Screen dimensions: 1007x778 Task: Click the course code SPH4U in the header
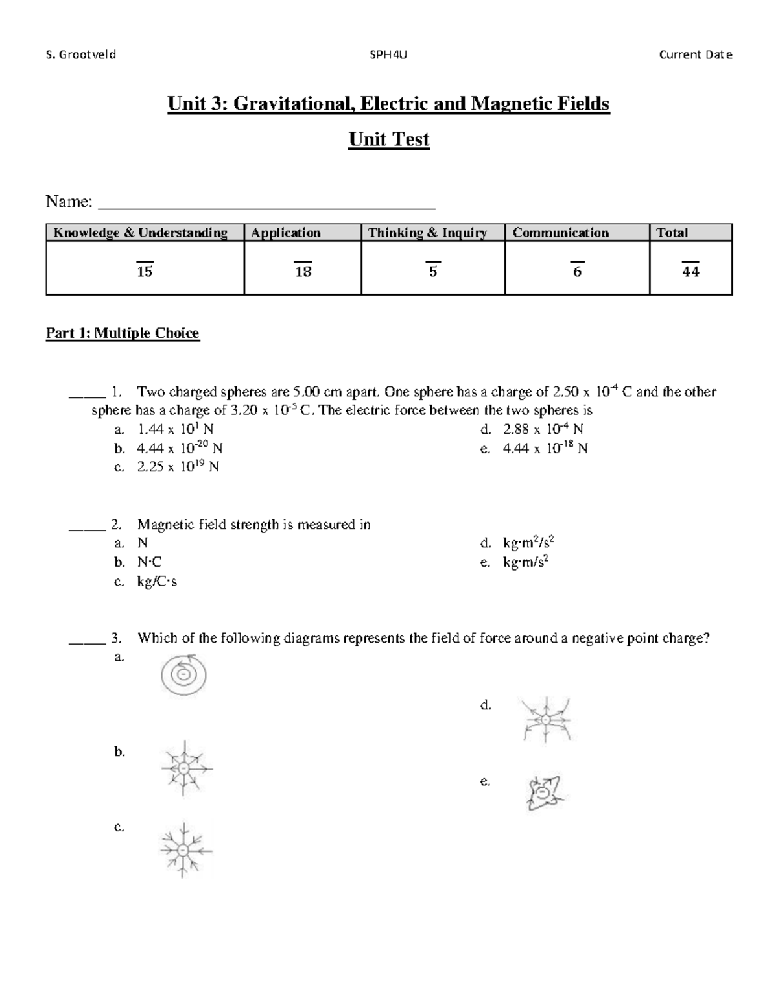tap(388, 55)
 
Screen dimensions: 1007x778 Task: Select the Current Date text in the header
tap(695, 55)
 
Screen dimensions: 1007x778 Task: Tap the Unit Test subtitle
tap(389, 139)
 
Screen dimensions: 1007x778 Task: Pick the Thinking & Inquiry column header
tap(427, 233)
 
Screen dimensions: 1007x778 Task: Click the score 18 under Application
tap(303, 272)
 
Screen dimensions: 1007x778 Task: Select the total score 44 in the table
tap(690, 272)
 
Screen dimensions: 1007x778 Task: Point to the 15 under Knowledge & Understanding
tap(145, 272)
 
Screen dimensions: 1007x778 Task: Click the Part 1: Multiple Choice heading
tap(123, 333)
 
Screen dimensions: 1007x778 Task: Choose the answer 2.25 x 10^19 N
tap(178, 467)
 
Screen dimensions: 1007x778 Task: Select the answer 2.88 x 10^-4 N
tap(543, 429)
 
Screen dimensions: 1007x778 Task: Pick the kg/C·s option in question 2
tap(157, 582)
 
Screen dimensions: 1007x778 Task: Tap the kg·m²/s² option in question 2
tap(528, 543)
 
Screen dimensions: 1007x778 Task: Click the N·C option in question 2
tap(149, 562)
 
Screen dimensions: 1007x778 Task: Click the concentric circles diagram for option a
tap(183, 676)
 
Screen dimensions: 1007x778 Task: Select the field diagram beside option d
tap(547, 720)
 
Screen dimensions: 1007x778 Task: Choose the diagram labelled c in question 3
tap(184, 849)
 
